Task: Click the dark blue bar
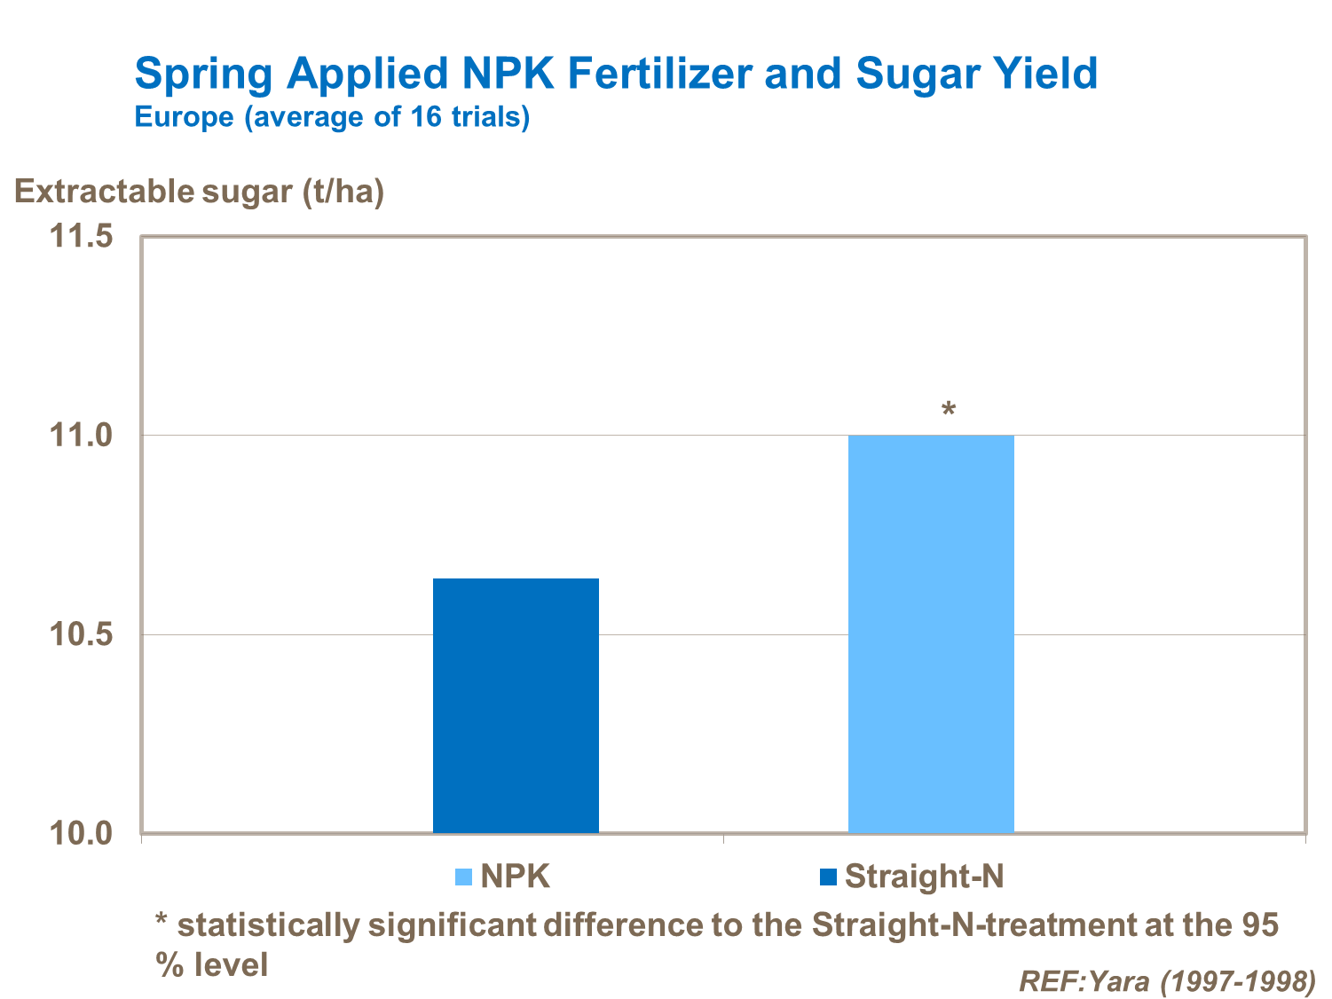coord(516,705)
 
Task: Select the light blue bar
coord(931,633)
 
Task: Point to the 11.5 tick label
coord(81,237)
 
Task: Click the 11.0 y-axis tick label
coord(81,436)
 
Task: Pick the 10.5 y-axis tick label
coord(81,635)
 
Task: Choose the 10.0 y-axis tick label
coord(81,834)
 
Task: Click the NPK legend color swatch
coord(463,877)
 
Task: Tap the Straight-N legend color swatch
coord(829,877)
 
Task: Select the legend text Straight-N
coord(924,877)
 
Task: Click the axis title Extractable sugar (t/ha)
coord(200,192)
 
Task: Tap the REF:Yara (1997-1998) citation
coord(1167,980)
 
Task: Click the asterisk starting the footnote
coord(162,921)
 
